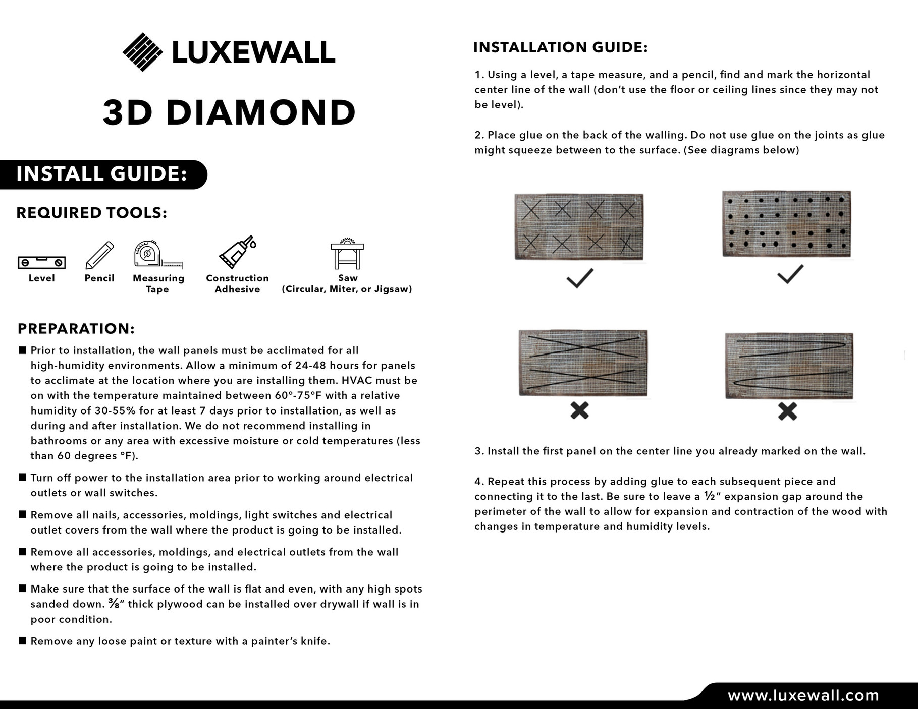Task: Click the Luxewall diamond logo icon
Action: [x=142, y=52]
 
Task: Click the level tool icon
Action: [x=41, y=262]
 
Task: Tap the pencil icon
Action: [x=99, y=255]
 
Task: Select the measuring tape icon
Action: [x=156, y=255]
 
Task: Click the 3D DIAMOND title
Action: [x=230, y=112]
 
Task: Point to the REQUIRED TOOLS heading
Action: [x=91, y=213]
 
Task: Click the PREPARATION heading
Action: [x=76, y=329]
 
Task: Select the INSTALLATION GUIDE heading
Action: [x=560, y=48]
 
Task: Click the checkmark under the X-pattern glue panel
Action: [x=579, y=278]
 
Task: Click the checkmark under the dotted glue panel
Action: [x=790, y=274]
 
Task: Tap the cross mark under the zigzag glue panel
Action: [x=787, y=411]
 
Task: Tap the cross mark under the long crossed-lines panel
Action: [x=579, y=410]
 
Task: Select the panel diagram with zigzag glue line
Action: [x=789, y=366]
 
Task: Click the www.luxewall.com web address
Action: [x=803, y=696]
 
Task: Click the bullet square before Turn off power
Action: [x=22, y=477]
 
